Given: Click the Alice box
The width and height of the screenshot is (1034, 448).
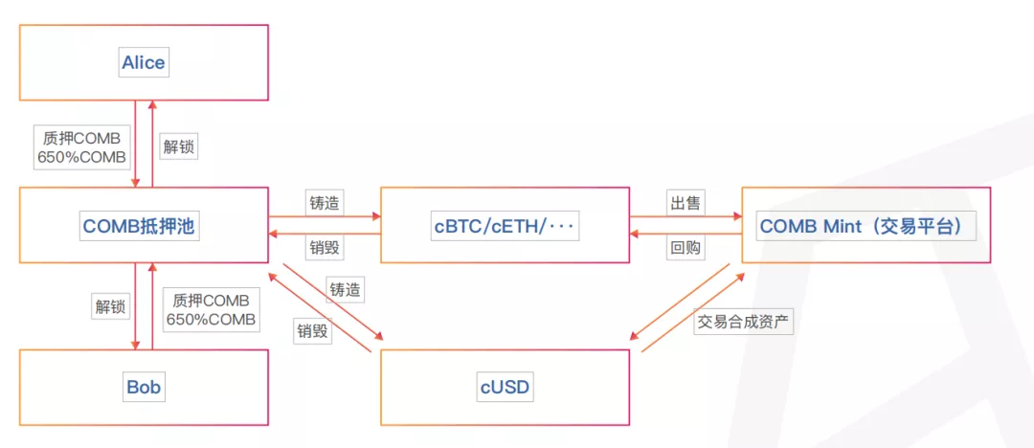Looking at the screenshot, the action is pos(144,62).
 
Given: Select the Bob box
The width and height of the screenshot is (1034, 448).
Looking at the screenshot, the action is pos(144,388).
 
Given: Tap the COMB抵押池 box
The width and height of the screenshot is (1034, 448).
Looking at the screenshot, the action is pos(144,226).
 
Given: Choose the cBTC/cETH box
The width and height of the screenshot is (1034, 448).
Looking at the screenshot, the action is pos(505,226).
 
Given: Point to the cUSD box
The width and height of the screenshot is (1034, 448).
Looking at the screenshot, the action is pos(505,388).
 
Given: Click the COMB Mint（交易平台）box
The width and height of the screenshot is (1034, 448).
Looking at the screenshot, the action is pos(865,226).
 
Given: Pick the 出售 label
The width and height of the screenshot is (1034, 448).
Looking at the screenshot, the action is pos(685,203).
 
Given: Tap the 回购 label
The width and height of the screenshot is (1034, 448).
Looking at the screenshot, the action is pos(685,248).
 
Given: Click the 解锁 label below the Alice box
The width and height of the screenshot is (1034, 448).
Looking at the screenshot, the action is pos(179,146).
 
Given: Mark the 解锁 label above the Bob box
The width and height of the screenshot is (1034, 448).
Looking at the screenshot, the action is pos(109,307).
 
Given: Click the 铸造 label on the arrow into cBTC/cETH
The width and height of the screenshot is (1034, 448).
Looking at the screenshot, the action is pos(324,203).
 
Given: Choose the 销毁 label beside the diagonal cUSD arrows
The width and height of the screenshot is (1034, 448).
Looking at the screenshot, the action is pos(312,331).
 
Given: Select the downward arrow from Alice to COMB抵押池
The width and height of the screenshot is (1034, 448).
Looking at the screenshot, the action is pos(136,144).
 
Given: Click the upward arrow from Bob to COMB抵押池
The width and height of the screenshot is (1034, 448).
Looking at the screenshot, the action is pos(151,306).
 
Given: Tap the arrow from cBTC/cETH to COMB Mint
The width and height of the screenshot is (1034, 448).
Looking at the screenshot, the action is pos(685,217).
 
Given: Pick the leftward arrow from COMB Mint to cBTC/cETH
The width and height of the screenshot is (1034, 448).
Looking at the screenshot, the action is pos(685,234).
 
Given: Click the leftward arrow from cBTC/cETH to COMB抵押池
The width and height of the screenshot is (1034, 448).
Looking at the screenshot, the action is pos(324,234).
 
